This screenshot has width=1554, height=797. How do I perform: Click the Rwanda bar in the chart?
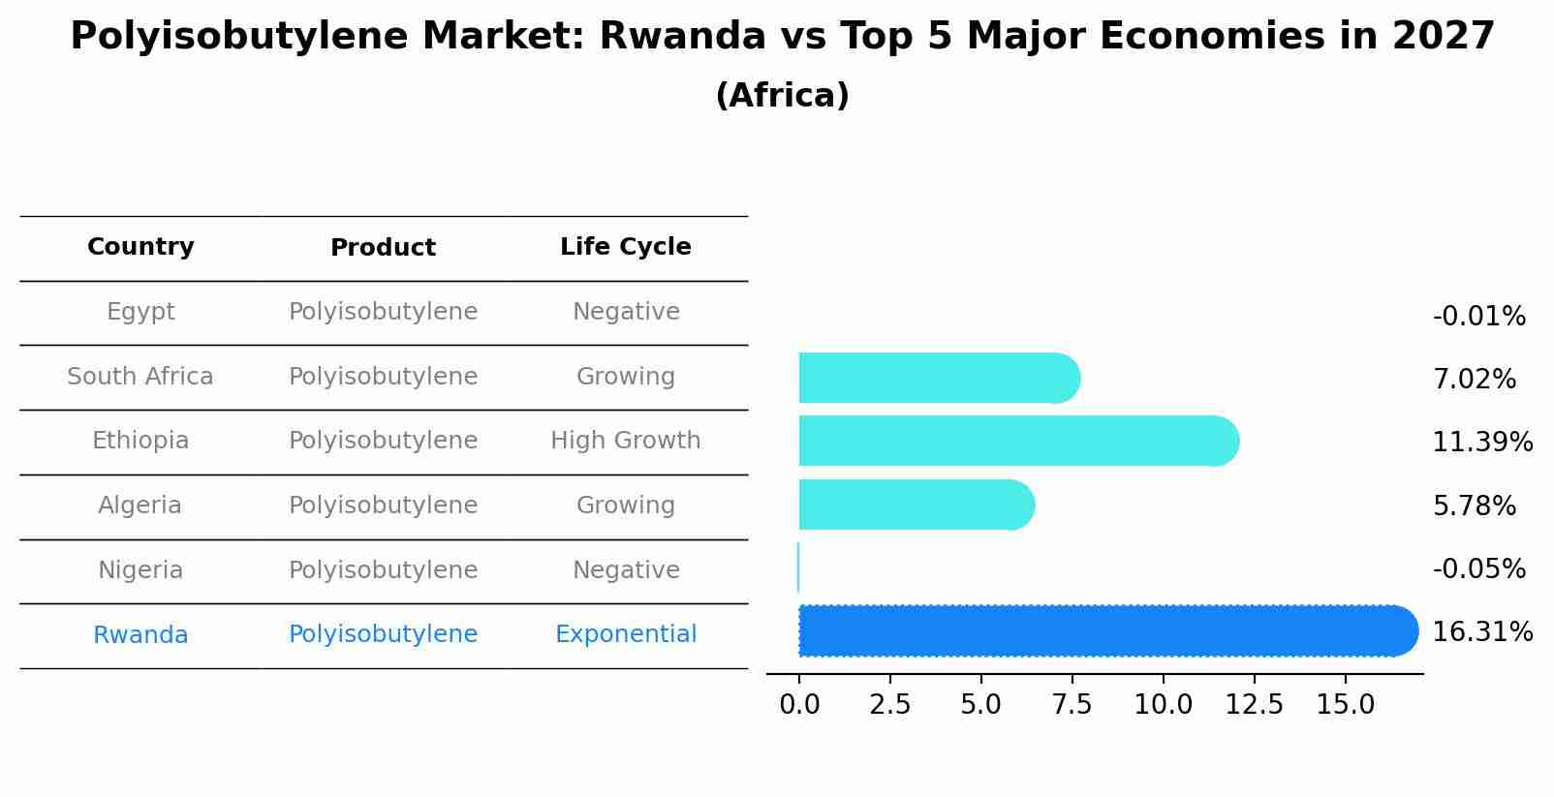pos(1104,631)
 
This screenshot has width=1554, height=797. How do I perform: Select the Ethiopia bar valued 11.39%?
pos(1017,442)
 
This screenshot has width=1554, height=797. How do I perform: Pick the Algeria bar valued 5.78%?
pos(916,505)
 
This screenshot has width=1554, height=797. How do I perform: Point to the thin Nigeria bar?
pos(798,568)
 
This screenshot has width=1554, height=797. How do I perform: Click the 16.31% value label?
pos(1481,632)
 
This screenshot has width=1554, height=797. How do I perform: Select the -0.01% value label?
pos(1478,317)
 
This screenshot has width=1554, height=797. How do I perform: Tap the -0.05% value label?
pos(1478,569)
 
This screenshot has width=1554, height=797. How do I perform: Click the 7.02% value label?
pos(1474,380)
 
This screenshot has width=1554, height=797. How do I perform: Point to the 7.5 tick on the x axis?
pos(1072,705)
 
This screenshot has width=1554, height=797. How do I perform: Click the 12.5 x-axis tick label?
pos(1254,705)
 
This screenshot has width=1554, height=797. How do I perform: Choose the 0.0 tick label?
pos(799,705)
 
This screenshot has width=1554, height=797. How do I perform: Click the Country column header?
pos(140,247)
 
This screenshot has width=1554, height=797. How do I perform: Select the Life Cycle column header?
pos(625,247)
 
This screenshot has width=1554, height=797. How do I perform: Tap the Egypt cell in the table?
pos(140,312)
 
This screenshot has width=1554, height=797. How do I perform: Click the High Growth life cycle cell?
pos(625,441)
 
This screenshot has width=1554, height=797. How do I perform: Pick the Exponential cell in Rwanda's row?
pos(625,634)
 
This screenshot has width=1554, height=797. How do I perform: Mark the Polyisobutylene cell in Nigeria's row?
pos(383,570)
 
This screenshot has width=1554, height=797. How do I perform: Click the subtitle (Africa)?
pos(782,96)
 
